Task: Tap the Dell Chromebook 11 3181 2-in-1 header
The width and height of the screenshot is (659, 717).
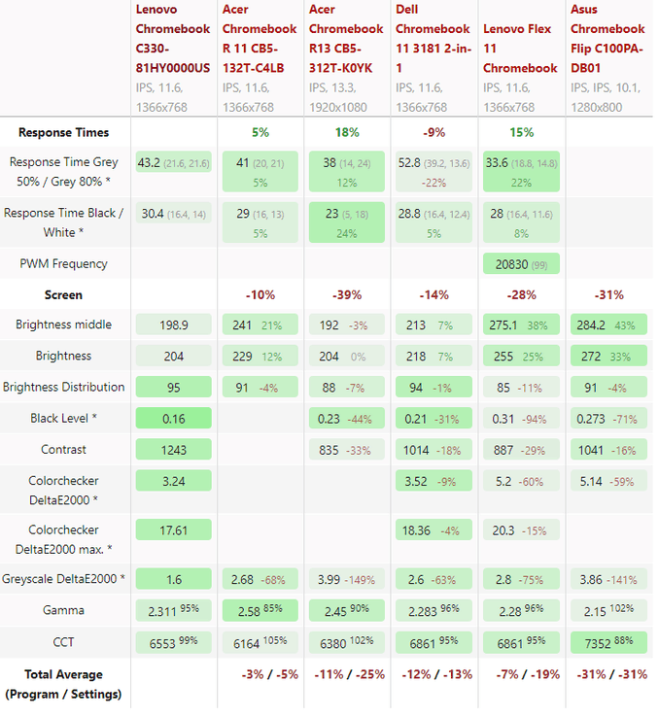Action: point(433,38)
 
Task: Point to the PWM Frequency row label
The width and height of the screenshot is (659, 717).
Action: point(64,263)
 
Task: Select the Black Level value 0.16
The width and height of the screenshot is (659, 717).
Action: point(173,419)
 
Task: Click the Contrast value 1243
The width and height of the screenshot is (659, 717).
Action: point(173,450)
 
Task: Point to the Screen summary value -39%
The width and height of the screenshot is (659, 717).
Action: point(347,294)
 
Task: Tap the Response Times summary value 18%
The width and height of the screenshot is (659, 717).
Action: point(347,132)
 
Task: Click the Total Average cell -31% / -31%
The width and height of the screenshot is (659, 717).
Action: point(607,674)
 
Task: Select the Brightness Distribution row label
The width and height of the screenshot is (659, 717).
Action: point(64,387)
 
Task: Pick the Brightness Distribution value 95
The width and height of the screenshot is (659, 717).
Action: point(173,387)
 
